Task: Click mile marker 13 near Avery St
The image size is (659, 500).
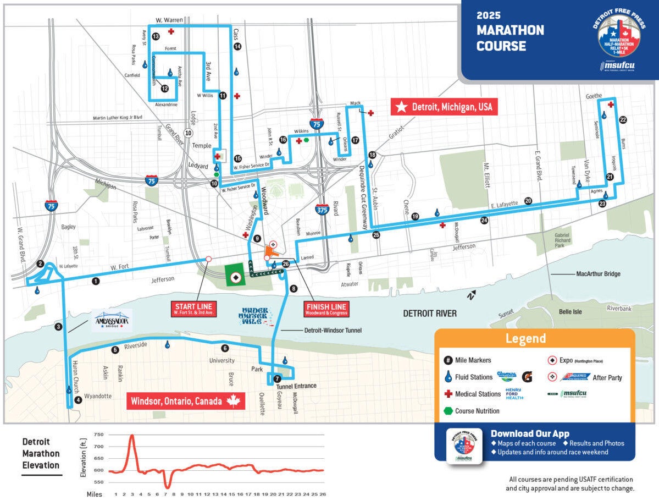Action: [x=156, y=36]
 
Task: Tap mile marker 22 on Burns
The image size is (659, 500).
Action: [x=623, y=119]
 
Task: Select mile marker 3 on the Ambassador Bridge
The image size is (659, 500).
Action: [x=58, y=327]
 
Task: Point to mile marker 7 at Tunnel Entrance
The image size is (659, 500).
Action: [x=277, y=378]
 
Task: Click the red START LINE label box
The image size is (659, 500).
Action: [x=193, y=309]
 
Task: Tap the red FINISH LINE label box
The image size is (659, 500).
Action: [x=326, y=309]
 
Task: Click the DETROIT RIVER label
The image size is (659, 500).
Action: [x=430, y=314]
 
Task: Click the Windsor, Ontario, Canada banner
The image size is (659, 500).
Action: [x=185, y=400]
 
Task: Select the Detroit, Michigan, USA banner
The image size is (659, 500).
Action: [x=444, y=107]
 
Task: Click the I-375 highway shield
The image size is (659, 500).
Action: [x=323, y=208]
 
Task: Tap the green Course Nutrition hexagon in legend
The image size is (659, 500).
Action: [x=448, y=411]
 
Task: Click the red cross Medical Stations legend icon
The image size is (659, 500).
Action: [x=448, y=394]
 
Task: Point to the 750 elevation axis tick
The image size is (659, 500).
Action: [x=98, y=435]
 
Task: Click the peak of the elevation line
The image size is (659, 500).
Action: [x=132, y=435]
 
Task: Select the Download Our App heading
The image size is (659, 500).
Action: [x=530, y=433]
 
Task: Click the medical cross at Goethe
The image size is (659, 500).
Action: [x=611, y=105]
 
